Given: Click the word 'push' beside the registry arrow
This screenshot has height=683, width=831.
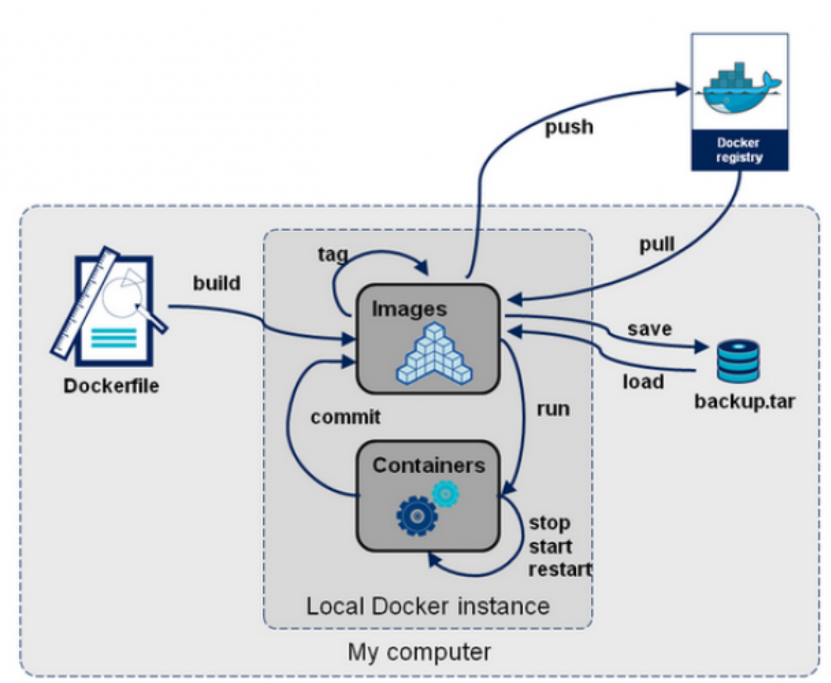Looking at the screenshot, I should tap(569, 128).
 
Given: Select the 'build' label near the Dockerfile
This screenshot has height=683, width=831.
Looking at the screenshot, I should tap(217, 283).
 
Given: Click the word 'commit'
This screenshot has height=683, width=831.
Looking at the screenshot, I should tap(345, 417).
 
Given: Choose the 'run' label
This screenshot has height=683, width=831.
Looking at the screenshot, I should tap(553, 410).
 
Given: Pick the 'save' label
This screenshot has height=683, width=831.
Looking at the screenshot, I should tap(649, 329).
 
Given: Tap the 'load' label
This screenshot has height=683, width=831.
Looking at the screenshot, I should tap(644, 382).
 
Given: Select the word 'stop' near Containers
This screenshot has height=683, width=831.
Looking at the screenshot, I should tap(549, 524).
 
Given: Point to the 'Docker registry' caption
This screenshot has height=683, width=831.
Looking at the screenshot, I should tap(739, 151).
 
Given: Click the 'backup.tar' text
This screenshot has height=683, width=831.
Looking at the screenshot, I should tap(744, 402).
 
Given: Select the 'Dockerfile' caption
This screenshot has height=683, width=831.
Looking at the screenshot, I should tap(112, 387).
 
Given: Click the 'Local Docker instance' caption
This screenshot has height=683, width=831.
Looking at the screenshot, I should tap(428, 606).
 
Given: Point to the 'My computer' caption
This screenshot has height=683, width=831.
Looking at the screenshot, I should tap(419, 652).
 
